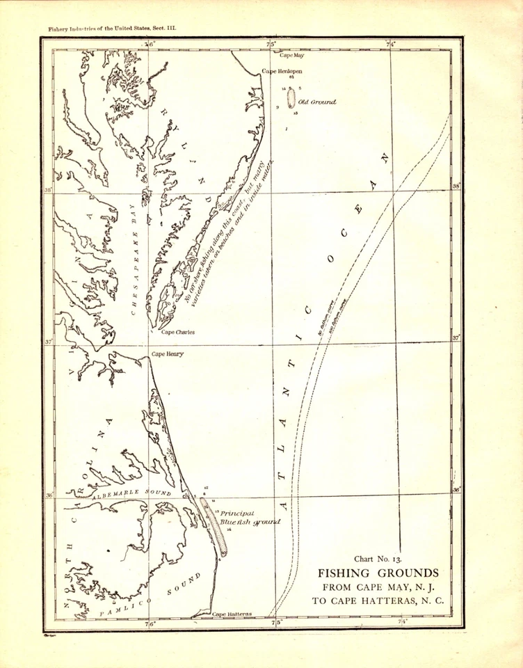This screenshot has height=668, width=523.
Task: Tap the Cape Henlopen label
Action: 282,71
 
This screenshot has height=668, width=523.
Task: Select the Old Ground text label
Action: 317,102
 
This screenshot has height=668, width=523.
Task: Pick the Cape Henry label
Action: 167,355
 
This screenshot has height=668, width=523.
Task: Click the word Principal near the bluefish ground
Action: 236,513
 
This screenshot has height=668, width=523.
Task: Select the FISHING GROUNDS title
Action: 378,573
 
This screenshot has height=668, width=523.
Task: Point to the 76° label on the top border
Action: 150,45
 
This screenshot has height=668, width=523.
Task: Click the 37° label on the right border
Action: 456,337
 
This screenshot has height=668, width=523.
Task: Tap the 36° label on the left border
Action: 49,495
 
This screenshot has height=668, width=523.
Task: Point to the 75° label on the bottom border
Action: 275,623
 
